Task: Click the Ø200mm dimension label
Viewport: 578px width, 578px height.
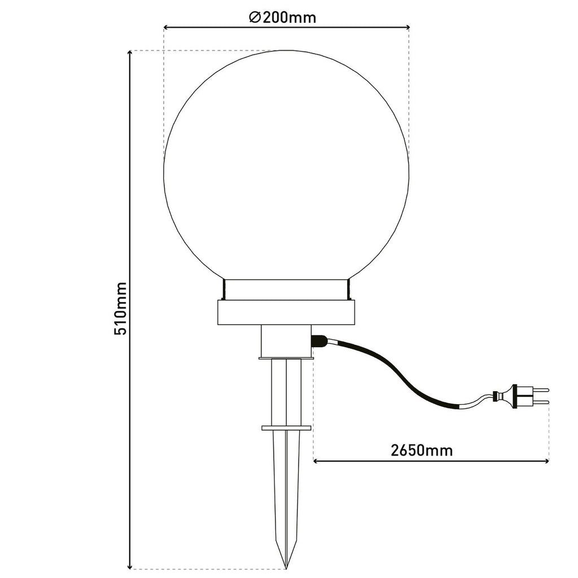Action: pyautogui.click(x=282, y=17)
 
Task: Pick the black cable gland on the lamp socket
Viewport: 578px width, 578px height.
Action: pyautogui.click(x=319, y=341)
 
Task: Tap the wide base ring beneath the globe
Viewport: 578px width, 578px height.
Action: pyautogui.click(x=286, y=312)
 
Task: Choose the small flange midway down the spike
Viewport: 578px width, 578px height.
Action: pyautogui.click(x=286, y=427)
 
